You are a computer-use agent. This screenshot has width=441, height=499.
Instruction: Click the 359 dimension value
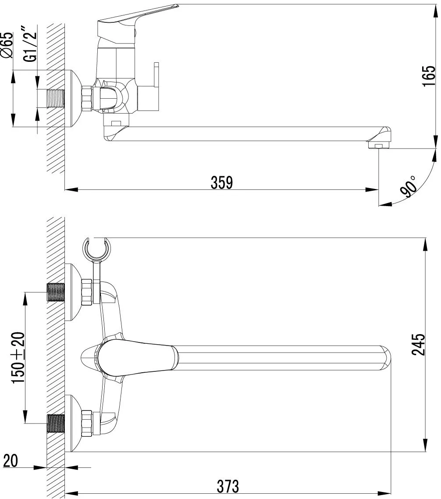[222, 182]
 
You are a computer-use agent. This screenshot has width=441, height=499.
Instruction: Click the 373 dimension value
[228, 485]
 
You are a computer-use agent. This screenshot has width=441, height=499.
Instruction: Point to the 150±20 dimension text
[18, 357]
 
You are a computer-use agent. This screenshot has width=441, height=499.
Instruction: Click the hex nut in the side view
[87, 98]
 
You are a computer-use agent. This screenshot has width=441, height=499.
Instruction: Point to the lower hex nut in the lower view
[87, 423]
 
